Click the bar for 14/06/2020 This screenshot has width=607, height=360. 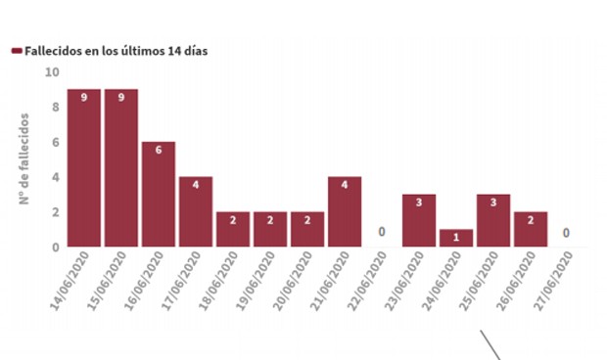tap(84, 168)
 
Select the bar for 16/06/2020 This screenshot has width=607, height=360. tap(159, 195)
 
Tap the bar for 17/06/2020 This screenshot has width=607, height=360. tap(196, 212)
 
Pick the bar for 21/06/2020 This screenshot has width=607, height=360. tap(345, 212)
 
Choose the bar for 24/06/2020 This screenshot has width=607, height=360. tap(456, 239)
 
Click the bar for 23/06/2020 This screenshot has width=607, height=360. tap(419, 221)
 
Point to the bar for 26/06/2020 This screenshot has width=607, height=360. tap(531, 230)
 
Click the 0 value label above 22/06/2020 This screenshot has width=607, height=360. tap(382, 233)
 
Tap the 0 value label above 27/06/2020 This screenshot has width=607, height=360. tap(568, 233)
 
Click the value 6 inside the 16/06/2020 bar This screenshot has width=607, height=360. tap(159, 150)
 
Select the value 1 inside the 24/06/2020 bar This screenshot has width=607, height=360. tap(456, 237)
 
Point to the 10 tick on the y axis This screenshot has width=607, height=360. tap(52, 72)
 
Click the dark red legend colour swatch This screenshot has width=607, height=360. tap(16, 51)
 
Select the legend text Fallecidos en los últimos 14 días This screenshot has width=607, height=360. tap(116, 51)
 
